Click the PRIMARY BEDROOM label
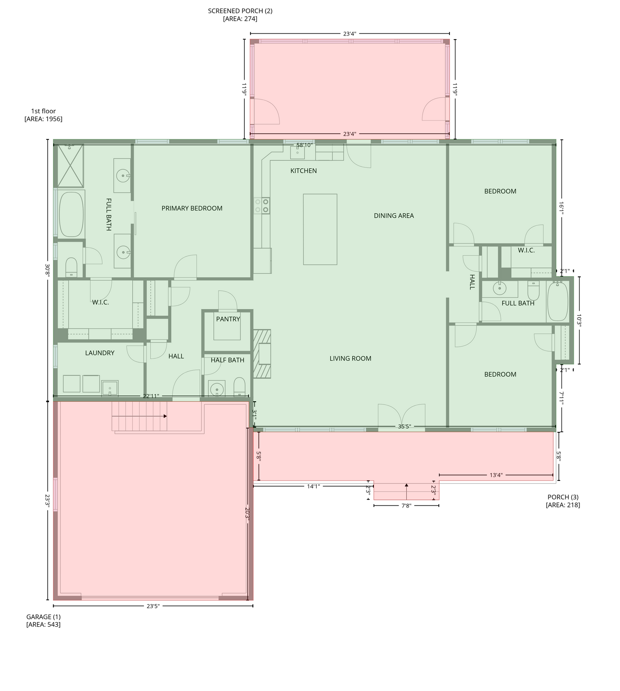pos(192,208)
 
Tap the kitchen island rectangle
pos(320,229)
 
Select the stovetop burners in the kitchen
pos(262,206)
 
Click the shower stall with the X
pos(70,166)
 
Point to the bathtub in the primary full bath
pos(72,214)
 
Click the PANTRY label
pos(228,319)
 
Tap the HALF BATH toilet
pos(239,386)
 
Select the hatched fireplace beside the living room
pos(262,354)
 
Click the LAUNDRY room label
pos(99,353)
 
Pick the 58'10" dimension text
pos(304,145)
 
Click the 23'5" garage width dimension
pos(153,606)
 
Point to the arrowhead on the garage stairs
pos(165,416)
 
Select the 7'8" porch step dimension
pos(406,506)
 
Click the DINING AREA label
pos(394,215)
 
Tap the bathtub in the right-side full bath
pos(557,301)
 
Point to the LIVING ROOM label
pos(350,358)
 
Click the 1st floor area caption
pos(43,115)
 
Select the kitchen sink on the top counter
pos(297,152)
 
